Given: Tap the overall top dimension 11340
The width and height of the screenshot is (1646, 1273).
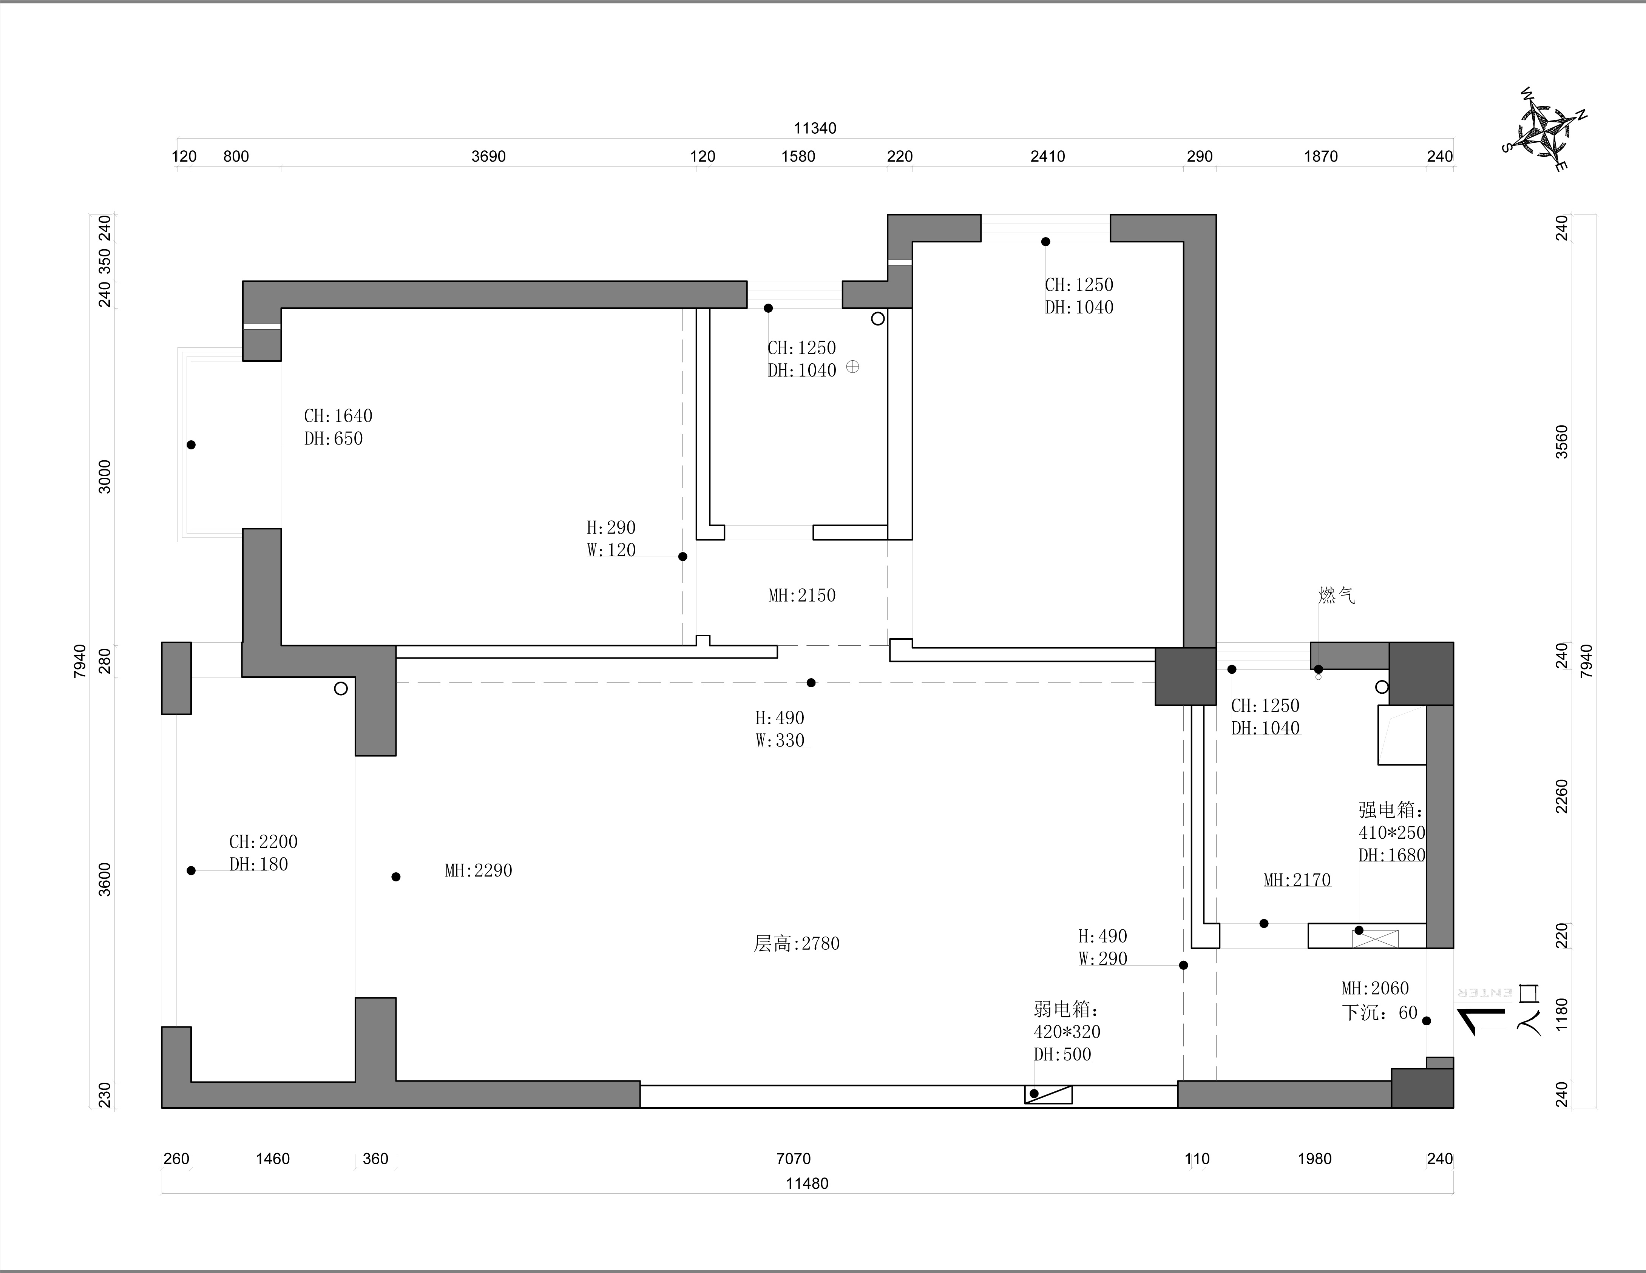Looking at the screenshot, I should [x=815, y=128].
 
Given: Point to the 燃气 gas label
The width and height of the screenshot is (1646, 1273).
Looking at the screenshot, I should [x=1336, y=596].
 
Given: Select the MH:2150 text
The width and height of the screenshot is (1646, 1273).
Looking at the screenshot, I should [x=802, y=596].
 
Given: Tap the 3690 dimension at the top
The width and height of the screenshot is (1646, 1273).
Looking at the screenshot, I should [x=488, y=156].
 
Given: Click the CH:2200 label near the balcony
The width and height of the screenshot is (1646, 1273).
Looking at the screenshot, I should [x=263, y=842].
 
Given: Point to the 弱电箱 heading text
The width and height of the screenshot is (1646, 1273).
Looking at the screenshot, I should [x=1066, y=1009].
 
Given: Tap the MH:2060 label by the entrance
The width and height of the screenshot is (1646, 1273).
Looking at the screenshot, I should [x=1375, y=988].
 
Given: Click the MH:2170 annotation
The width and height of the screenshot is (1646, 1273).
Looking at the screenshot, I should [x=1296, y=880].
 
